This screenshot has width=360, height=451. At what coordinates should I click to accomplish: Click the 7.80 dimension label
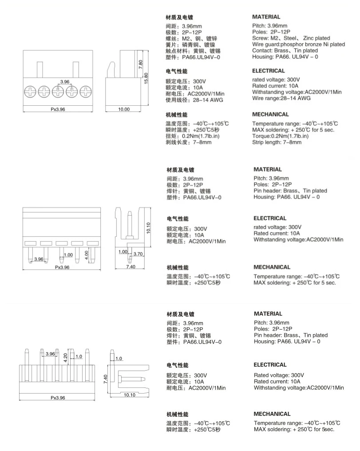coord(140,63)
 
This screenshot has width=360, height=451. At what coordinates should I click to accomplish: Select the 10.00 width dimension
coord(123,109)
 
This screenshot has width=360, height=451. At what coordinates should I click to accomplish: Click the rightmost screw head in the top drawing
coord(84,92)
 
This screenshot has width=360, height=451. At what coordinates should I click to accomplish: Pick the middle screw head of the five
coord(58,92)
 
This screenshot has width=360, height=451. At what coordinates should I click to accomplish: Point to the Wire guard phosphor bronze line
coord(298,44)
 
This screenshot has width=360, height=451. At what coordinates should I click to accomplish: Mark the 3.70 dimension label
coord(137,254)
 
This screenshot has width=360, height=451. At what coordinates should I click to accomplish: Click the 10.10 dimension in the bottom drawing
coord(130,395)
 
